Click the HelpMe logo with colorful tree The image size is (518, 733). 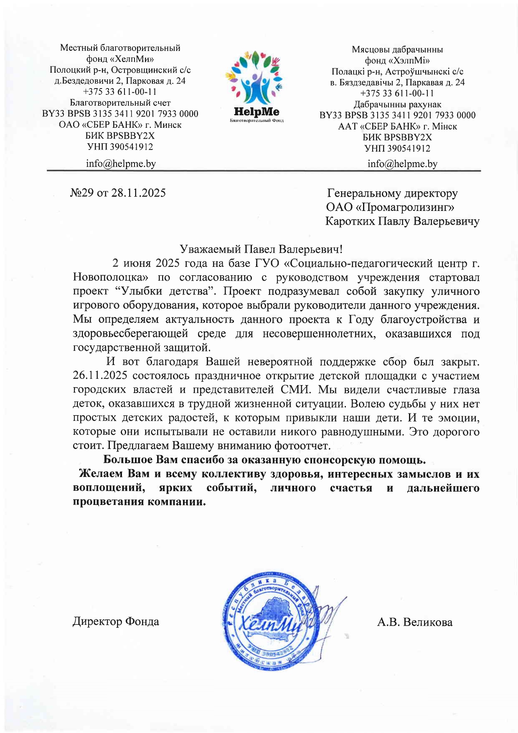256,86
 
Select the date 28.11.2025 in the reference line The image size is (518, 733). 138,193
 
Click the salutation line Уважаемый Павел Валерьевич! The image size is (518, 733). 261,249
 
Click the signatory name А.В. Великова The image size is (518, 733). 414,622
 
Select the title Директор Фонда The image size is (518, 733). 116,621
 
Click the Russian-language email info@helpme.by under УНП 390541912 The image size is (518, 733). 121,163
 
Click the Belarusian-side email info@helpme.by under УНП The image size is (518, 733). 402,164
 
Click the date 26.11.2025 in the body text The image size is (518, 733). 100,375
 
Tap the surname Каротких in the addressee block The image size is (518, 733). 350,221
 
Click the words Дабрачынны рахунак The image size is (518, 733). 397,104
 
